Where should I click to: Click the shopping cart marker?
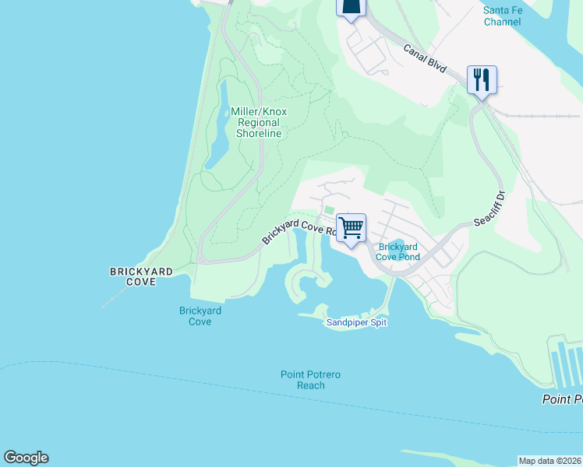tap(352, 228)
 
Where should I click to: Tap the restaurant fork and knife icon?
tap(482, 79)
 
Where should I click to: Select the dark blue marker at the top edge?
tap(352, 7)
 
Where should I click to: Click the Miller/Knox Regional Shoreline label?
tap(259, 123)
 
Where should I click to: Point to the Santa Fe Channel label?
tap(502, 16)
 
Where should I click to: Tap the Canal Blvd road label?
tap(425, 58)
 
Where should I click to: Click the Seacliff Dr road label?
tap(490, 208)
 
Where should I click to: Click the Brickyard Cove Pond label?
tap(397, 251)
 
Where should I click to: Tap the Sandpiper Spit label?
tap(357, 322)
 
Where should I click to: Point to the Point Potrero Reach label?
tap(302, 380)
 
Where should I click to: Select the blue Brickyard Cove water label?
tap(200, 316)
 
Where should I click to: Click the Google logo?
tap(26, 458)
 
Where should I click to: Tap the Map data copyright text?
tap(549, 460)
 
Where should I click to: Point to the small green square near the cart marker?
tap(330, 209)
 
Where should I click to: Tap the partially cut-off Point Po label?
tap(562, 399)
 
